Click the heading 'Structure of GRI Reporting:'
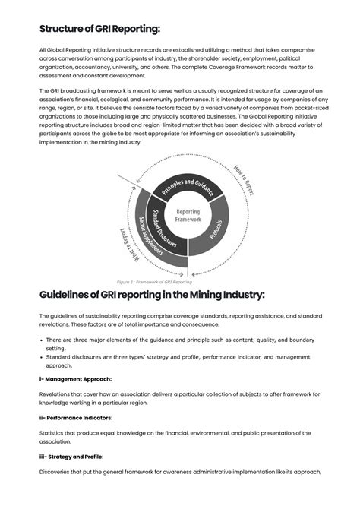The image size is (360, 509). pyautogui.click(x=99, y=29)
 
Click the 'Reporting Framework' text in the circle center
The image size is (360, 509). pyautogui.click(x=188, y=216)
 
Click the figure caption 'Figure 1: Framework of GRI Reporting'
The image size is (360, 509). pyautogui.click(x=154, y=281)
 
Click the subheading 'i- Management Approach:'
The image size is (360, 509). pyautogui.click(x=75, y=378)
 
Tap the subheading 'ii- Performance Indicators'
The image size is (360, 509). pyautogui.click(x=78, y=417)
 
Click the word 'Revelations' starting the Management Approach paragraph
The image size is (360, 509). pyautogui.click(x=56, y=394)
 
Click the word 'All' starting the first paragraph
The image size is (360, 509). pyautogui.click(x=43, y=49)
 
